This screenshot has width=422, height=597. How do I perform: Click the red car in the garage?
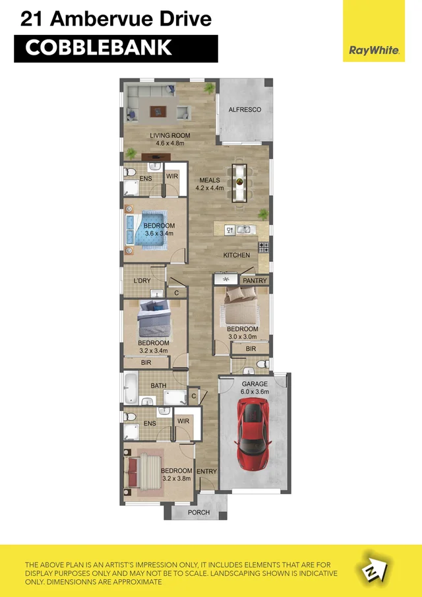(253, 434)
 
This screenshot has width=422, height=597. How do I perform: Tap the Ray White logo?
(374, 49)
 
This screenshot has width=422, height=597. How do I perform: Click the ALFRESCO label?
(245, 110)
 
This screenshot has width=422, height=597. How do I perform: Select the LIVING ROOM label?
(169, 135)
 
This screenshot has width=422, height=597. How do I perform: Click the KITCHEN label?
(236, 255)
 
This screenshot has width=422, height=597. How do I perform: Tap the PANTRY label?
(255, 281)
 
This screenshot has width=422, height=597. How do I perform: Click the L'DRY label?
(142, 281)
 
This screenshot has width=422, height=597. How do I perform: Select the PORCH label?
(198, 513)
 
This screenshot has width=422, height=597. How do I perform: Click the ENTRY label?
(206, 472)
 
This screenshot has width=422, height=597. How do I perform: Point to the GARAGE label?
(255, 384)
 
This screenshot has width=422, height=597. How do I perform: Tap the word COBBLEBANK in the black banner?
(98, 48)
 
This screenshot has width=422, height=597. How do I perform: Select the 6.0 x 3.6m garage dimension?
(255, 392)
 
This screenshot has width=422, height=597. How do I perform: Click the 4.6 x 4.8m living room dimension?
(169, 143)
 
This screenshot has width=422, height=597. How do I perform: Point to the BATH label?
(158, 386)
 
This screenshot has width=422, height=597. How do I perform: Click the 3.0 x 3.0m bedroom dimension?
(242, 336)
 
